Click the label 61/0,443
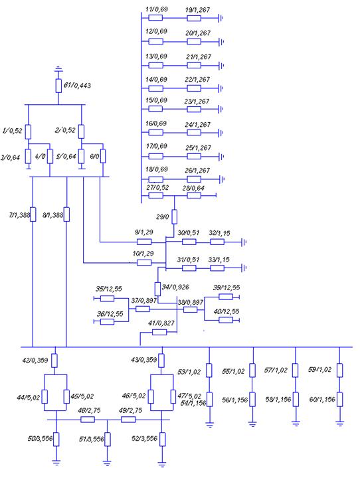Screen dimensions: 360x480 pyautogui.click(x=77, y=85)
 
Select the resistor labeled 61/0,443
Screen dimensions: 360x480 pyautogui.click(x=58, y=86)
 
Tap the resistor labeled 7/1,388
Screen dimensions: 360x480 pyautogui.click(x=33, y=214)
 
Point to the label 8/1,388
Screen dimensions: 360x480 pyautogui.click(x=52, y=215)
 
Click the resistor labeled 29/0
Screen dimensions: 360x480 pyautogui.click(x=174, y=216)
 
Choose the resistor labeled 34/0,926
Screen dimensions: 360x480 pyautogui.click(x=157, y=289)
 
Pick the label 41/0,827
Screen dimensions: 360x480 pyautogui.click(x=161, y=323)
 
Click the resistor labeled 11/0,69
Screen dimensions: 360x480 pyautogui.click(x=155, y=18)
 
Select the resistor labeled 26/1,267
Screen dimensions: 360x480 pyautogui.click(x=194, y=179)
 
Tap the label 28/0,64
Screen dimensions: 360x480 pyautogui.click(x=193, y=188)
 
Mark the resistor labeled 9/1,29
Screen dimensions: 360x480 pyautogui.click(x=144, y=242)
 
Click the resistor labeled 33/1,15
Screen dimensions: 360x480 pyautogui.click(x=217, y=268)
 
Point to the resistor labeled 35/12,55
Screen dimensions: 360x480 pyautogui.click(x=107, y=299)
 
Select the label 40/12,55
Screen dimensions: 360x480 pyautogui.click(x=226, y=311)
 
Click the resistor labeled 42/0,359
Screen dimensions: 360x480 pyautogui.click(x=54, y=360)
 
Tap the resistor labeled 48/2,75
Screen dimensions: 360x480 pyautogui.click(x=88, y=420)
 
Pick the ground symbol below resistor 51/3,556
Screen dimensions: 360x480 pyautogui.click(x=107, y=463)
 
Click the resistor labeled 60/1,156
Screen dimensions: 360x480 pyautogui.click(x=340, y=400)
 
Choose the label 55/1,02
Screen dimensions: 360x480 pyautogui.click(x=233, y=372)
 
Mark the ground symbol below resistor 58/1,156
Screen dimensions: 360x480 pyautogui.click(x=296, y=424)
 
